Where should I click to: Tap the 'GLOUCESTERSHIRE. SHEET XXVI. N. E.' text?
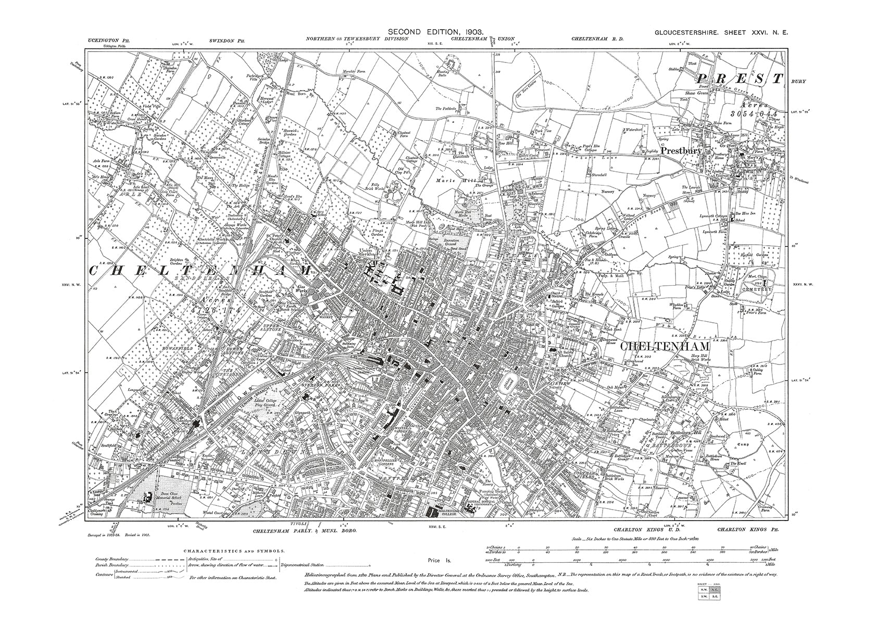(721, 32)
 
